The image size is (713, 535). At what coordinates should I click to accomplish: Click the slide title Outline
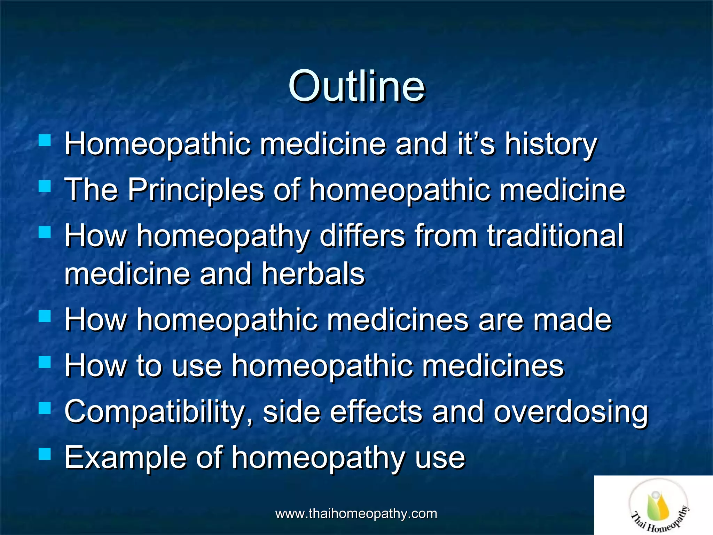tap(356, 86)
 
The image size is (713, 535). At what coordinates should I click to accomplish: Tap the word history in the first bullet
tap(551, 145)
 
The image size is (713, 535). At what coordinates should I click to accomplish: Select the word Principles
tap(196, 190)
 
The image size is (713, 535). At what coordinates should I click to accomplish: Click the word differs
tap(362, 236)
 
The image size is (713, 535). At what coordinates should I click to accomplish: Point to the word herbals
tap(313, 274)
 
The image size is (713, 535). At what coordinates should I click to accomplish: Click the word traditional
tap(555, 236)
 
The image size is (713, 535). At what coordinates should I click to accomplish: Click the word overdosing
tap(571, 412)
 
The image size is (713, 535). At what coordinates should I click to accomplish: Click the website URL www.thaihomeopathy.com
tap(356, 513)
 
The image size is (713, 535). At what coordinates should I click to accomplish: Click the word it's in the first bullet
tap(476, 145)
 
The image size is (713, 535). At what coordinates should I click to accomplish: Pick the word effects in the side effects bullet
tap(376, 412)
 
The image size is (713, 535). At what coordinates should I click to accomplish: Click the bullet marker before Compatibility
tap(45, 408)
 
